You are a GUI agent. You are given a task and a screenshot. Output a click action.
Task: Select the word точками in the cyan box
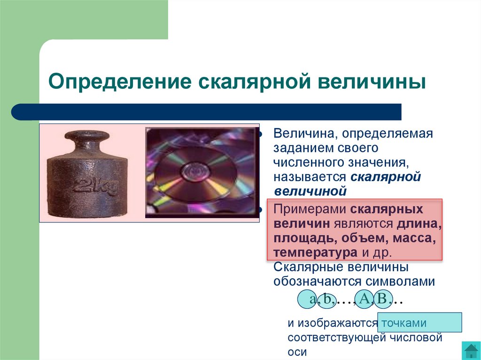pyautogui.click(x=404, y=323)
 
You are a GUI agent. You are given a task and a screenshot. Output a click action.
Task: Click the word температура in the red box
pyautogui.click(x=316, y=253)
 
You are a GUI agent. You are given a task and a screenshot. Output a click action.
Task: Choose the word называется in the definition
pyautogui.click(x=310, y=177)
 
